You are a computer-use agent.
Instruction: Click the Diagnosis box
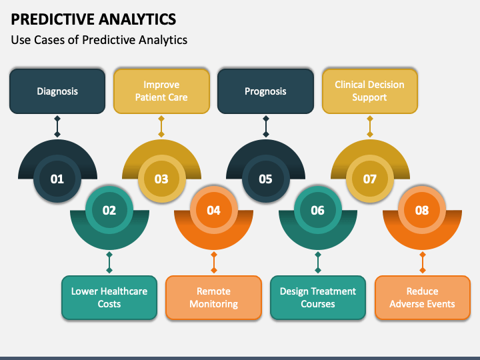click(x=57, y=91)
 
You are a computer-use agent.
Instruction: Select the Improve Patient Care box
click(x=161, y=91)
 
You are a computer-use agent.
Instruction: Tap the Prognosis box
click(x=265, y=91)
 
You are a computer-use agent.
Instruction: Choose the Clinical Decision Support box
click(x=369, y=91)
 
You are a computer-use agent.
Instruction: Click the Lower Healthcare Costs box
click(x=109, y=297)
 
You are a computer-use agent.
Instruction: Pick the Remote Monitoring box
click(x=213, y=297)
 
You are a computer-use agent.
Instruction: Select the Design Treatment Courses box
click(x=317, y=297)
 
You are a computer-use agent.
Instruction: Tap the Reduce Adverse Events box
click(x=422, y=297)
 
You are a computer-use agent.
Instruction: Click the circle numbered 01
click(x=57, y=179)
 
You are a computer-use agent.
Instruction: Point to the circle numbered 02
click(x=109, y=211)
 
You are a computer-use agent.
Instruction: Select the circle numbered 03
click(x=161, y=179)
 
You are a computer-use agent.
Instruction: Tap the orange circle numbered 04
click(x=213, y=211)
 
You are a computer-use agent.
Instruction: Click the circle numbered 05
click(x=265, y=179)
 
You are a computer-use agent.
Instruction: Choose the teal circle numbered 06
click(x=317, y=211)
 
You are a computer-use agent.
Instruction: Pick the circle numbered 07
click(x=369, y=179)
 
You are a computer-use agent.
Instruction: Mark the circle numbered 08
click(x=422, y=211)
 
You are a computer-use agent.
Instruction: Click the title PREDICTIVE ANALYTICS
click(x=93, y=18)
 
